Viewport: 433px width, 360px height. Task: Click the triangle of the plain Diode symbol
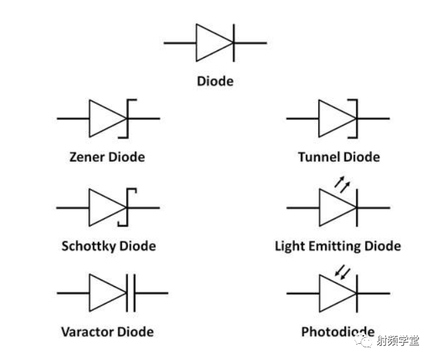pos(196,43)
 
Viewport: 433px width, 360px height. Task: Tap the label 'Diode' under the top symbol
pos(215,81)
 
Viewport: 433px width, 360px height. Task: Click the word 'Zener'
pos(87,157)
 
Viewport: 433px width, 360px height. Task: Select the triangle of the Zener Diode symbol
pos(90,119)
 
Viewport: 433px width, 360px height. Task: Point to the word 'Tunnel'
pos(320,157)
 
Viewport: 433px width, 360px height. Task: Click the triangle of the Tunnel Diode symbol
pos(319,119)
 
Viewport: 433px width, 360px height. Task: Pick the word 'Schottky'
pos(89,246)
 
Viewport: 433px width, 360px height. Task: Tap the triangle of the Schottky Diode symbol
pos(89,208)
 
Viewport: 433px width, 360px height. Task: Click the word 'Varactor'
pos(84,332)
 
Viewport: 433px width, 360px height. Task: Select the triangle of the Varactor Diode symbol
pos(90,293)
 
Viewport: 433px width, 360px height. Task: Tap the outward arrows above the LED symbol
pos(342,184)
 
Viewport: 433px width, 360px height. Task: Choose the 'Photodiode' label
pos(338,332)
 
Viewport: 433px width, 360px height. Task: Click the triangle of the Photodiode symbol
pos(320,294)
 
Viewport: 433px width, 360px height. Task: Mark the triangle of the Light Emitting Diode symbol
pos(320,208)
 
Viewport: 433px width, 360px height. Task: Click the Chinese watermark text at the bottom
pos(398,341)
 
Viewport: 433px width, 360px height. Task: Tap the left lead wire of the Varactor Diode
pos(73,293)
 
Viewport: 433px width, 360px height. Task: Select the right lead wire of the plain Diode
pos(251,43)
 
